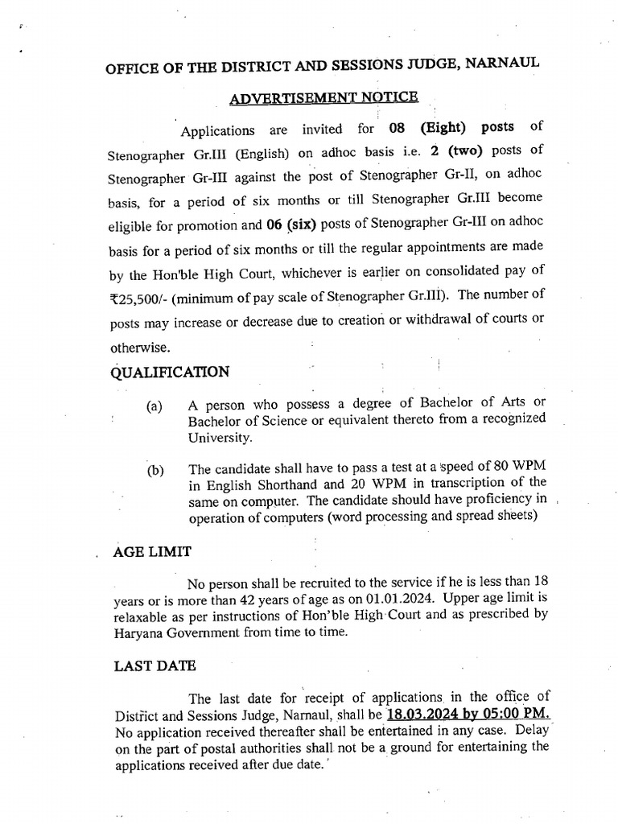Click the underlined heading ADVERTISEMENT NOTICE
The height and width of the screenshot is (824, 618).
click(323, 98)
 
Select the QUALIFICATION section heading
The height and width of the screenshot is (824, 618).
click(171, 373)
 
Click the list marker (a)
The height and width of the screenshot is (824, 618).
click(154, 407)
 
